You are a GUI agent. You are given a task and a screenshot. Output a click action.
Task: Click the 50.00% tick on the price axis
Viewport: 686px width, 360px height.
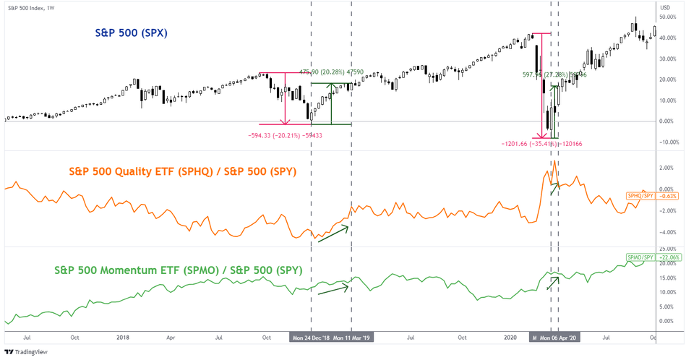(x=667, y=16)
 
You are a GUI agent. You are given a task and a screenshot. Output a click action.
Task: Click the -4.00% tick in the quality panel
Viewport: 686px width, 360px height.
(x=666, y=232)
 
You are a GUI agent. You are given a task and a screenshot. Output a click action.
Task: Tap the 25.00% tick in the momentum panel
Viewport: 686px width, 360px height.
(x=667, y=249)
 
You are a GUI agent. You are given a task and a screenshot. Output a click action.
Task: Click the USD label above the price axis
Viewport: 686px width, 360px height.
(x=665, y=7)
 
